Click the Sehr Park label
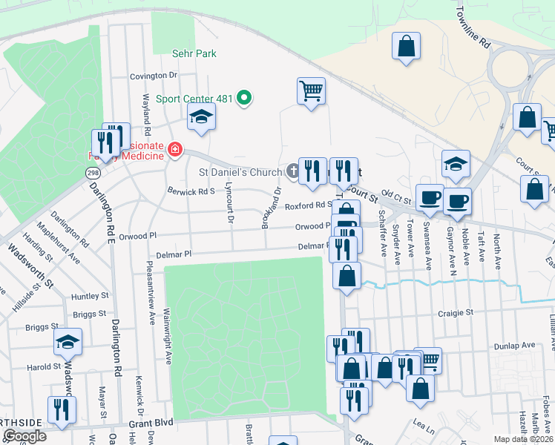[x=194, y=53]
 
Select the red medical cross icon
[x=175, y=150]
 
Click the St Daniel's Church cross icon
[x=293, y=172]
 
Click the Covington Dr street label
[x=154, y=76]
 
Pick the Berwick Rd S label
[x=191, y=191]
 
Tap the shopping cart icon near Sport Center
[x=311, y=91]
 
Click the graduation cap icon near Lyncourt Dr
[x=201, y=117]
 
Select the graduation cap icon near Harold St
[x=68, y=342]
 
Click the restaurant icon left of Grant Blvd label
[x=59, y=409]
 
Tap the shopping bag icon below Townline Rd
[x=406, y=47]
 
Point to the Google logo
[x=24, y=436]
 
